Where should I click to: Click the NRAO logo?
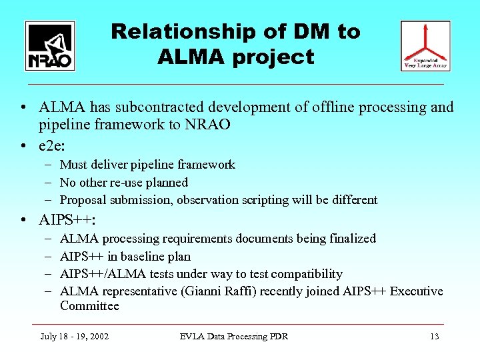50,46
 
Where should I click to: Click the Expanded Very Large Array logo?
425,46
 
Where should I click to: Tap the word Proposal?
83,200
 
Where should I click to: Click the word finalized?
352,239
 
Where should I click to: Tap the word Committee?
89,307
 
